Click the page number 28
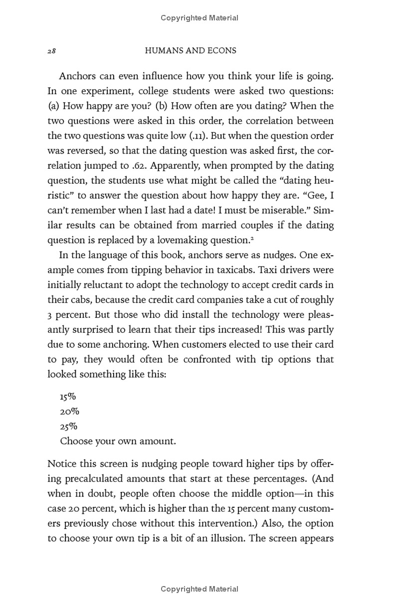pyautogui.click(x=51, y=51)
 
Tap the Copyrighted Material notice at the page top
pyautogui.click(x=199, y=18)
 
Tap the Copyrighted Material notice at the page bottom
pyautogui.click(x=199, y=589)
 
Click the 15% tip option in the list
pyautogui.click(x=67, y=397)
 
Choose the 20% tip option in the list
pyautogui.click(x=69, y=412)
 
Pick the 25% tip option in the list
pyautogui.click(x=68, y=427)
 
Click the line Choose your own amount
pyautogui.click(x=118, y=442)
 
